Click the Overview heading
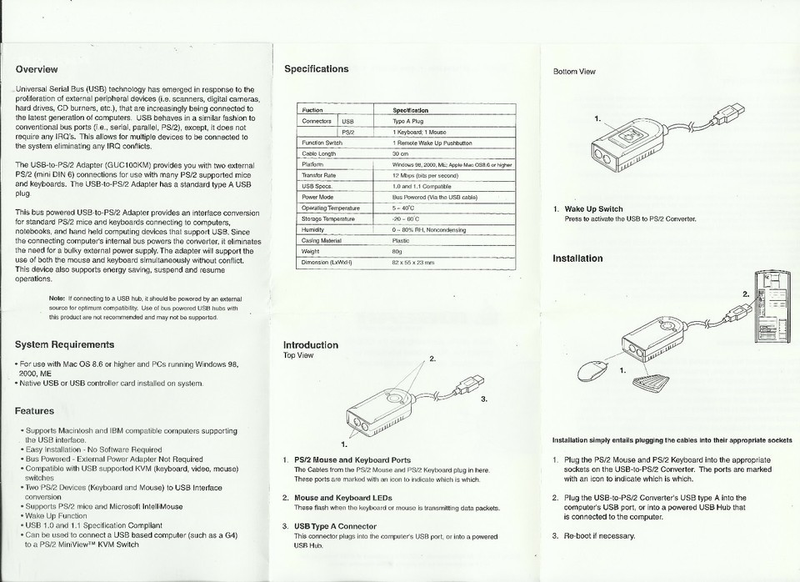pos(37,69)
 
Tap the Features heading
pos(34,410)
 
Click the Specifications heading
pos(317,69)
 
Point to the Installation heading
pos(577,258)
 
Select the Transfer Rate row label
pos(318,176)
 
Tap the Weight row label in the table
pos(311,251)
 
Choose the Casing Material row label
pos(322,240)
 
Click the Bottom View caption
pos(574,72)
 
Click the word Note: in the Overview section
pos(57,298)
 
